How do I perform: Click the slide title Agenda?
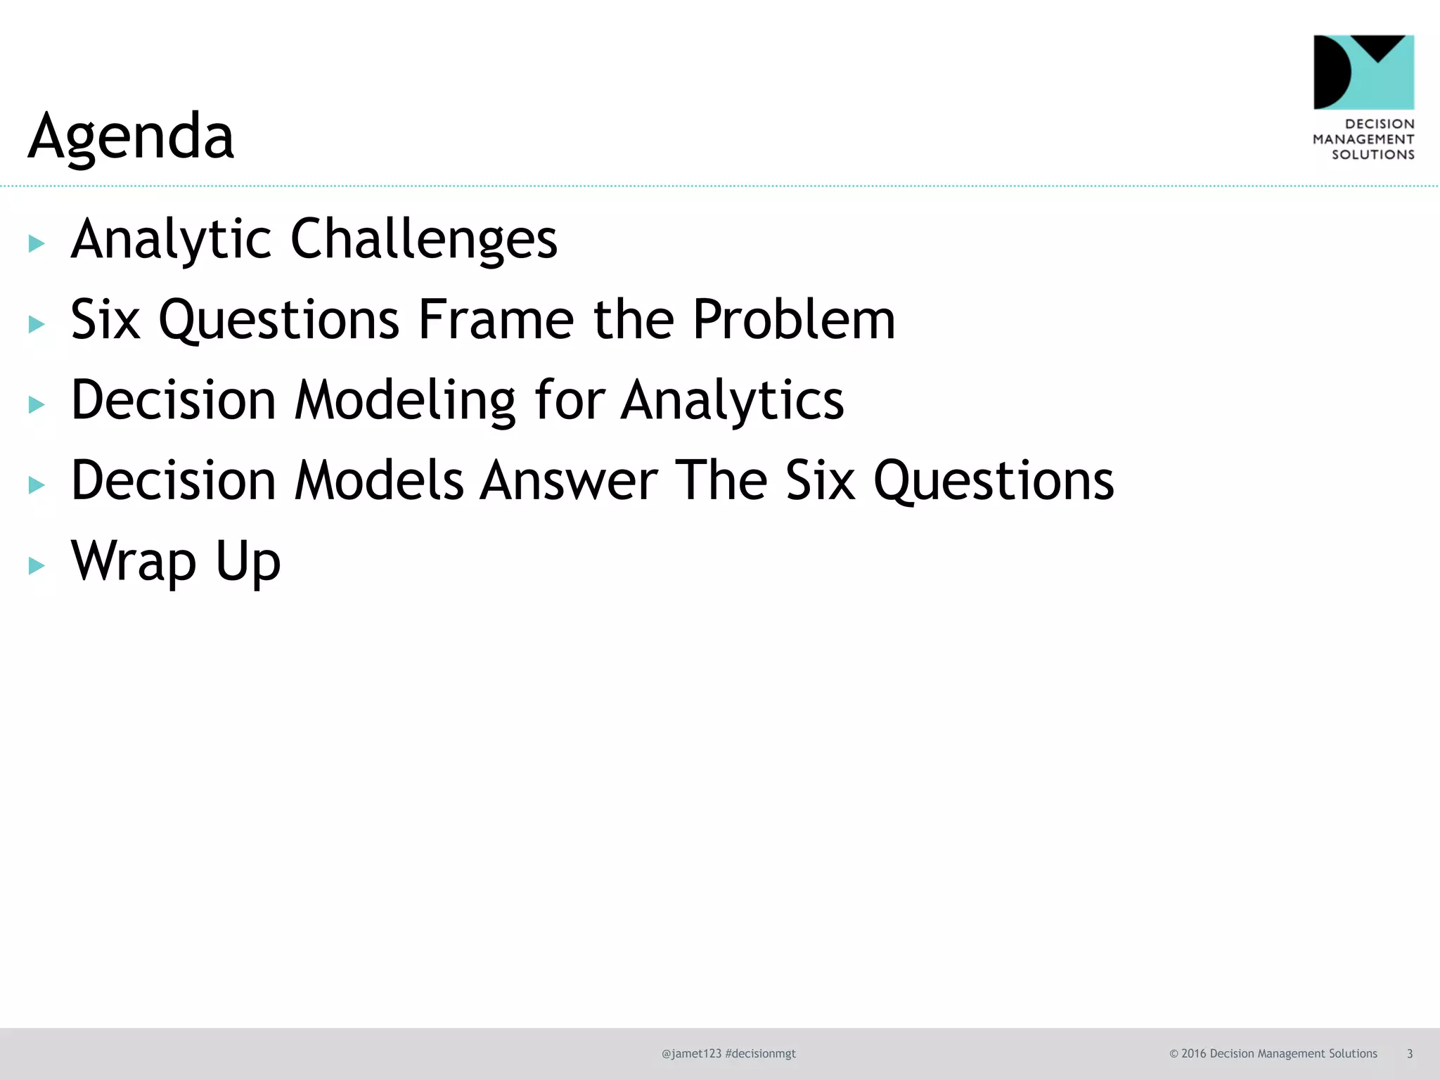point(131,136)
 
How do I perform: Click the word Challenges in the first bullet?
point(424,239)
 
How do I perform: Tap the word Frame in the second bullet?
point(496,320)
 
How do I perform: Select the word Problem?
point(794,320)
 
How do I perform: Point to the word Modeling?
point(405,400)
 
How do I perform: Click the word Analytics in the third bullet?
point(732,400)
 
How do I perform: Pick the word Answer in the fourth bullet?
point(569,481)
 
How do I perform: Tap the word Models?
point(379,481)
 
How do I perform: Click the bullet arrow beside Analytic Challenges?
point(37,244)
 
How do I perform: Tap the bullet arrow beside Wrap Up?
point(37,565)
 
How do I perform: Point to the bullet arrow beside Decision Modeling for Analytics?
point(37,404)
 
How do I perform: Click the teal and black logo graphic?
point(1363,72)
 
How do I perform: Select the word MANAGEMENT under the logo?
point(1363,139)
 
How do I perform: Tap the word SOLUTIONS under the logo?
point(1372,155)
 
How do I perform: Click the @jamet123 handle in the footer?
point(691,1053)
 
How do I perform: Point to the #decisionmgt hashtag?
point(760,1053)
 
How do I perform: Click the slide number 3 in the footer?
point(1409,1053)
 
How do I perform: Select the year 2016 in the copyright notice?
point(1194,1053)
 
